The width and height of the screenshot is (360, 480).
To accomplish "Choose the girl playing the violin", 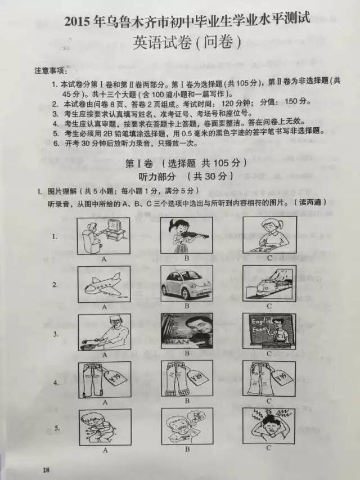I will (186, 235).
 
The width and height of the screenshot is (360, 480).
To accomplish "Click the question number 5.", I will (57, 428).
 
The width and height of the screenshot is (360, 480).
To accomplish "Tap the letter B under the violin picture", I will (186, 259).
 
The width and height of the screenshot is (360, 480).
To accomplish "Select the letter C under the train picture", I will (269, 306).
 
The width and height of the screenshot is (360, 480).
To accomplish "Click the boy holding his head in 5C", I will (269, 426).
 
